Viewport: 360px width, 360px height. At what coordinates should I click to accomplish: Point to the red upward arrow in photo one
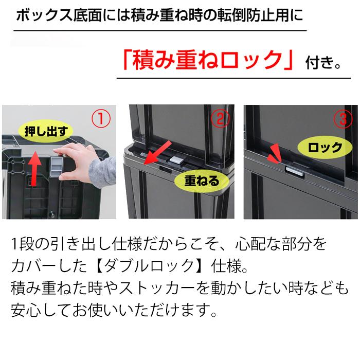34,167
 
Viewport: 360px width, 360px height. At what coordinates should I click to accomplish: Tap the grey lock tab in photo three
293,169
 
